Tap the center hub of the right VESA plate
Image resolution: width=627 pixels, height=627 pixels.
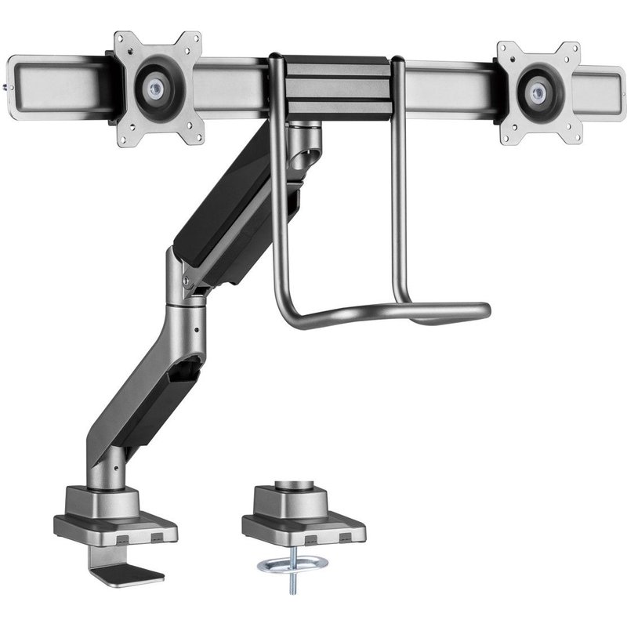point(537,88)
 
